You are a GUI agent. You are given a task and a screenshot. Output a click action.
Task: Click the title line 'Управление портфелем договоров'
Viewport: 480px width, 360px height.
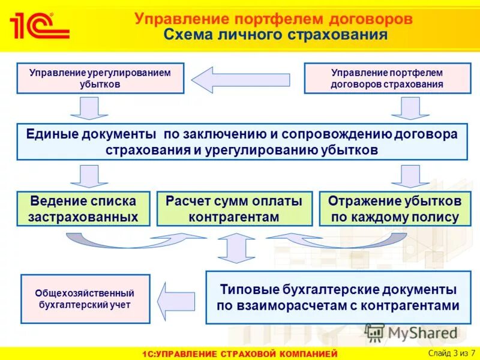click(x=274, y=19)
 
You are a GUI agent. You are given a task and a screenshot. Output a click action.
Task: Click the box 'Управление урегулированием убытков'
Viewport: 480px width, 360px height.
click(x=100, y=79)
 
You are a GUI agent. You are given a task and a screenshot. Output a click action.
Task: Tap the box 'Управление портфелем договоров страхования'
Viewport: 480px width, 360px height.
click(x=387, y=79)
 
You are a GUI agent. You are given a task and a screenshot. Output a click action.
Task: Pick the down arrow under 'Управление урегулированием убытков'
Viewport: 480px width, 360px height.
click(x=89, y=109)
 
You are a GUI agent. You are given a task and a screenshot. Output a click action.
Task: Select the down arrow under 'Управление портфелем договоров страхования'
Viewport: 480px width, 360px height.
click(x=410, y=109)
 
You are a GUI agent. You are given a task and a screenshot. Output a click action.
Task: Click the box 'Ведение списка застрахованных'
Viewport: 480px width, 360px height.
click(x=83, y=208)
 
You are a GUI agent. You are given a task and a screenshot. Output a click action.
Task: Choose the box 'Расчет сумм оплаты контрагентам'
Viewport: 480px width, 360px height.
click(x=234, y=208)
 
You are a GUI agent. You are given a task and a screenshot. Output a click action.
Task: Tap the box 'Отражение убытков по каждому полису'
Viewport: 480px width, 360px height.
click(x=395, y=208)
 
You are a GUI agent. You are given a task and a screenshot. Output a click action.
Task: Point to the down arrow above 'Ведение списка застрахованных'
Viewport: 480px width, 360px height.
click(x=89, y=176)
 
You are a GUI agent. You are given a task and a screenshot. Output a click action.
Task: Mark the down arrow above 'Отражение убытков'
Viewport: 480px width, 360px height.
click(x=410, y=176)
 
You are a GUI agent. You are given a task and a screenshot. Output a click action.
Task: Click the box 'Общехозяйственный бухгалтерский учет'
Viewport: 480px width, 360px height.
click(x=85, y=299)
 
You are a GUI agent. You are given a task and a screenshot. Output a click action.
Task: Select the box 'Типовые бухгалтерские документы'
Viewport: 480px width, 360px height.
click(x=338, y=298)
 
